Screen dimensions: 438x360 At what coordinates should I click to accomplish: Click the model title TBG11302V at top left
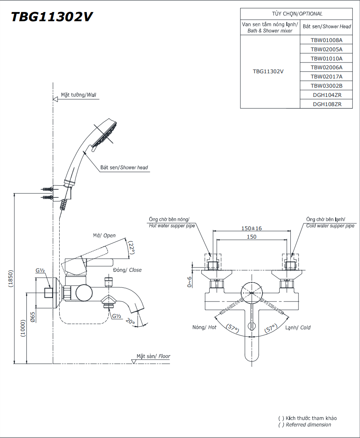52,17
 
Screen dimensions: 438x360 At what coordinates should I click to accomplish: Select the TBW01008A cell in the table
326,40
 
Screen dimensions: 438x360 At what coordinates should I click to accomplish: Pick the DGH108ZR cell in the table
326,104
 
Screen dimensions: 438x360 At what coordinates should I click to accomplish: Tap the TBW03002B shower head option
326,86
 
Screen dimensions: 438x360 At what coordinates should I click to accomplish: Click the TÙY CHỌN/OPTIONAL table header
297,14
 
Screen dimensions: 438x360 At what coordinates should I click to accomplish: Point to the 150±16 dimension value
251,228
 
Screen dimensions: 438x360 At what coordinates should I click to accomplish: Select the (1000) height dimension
23,328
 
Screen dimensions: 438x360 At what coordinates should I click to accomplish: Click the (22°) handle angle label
131,247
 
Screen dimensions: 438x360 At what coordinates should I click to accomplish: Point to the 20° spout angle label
130,321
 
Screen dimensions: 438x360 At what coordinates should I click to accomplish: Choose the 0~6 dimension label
189,282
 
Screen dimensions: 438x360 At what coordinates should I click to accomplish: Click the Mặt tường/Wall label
78,95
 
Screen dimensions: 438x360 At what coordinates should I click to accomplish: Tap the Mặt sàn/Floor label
153,356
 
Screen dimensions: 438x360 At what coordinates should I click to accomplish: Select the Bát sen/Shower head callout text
124,167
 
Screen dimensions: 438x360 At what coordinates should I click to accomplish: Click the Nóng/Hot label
204,327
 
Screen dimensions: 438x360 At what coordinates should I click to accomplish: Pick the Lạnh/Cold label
298,327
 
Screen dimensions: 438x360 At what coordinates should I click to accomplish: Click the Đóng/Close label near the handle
127,270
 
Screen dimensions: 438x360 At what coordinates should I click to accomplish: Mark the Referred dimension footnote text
308,424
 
